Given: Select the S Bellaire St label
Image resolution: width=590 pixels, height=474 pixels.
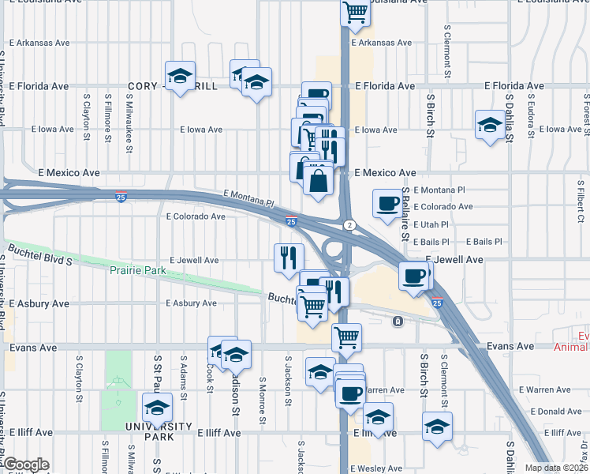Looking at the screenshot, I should click(405, 213).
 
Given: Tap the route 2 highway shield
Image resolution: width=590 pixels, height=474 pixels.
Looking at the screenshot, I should click(348, 225).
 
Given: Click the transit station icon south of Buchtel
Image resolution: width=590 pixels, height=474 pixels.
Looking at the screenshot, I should click(398, 321).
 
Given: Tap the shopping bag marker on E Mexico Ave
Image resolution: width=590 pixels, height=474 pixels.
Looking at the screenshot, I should click(318, 179).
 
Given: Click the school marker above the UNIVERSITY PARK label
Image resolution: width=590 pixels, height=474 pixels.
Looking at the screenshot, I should click(157, 408).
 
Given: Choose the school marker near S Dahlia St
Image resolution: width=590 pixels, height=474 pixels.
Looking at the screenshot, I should click(490, 124).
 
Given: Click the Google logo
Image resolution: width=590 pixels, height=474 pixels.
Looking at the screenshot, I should click(25, 465).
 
